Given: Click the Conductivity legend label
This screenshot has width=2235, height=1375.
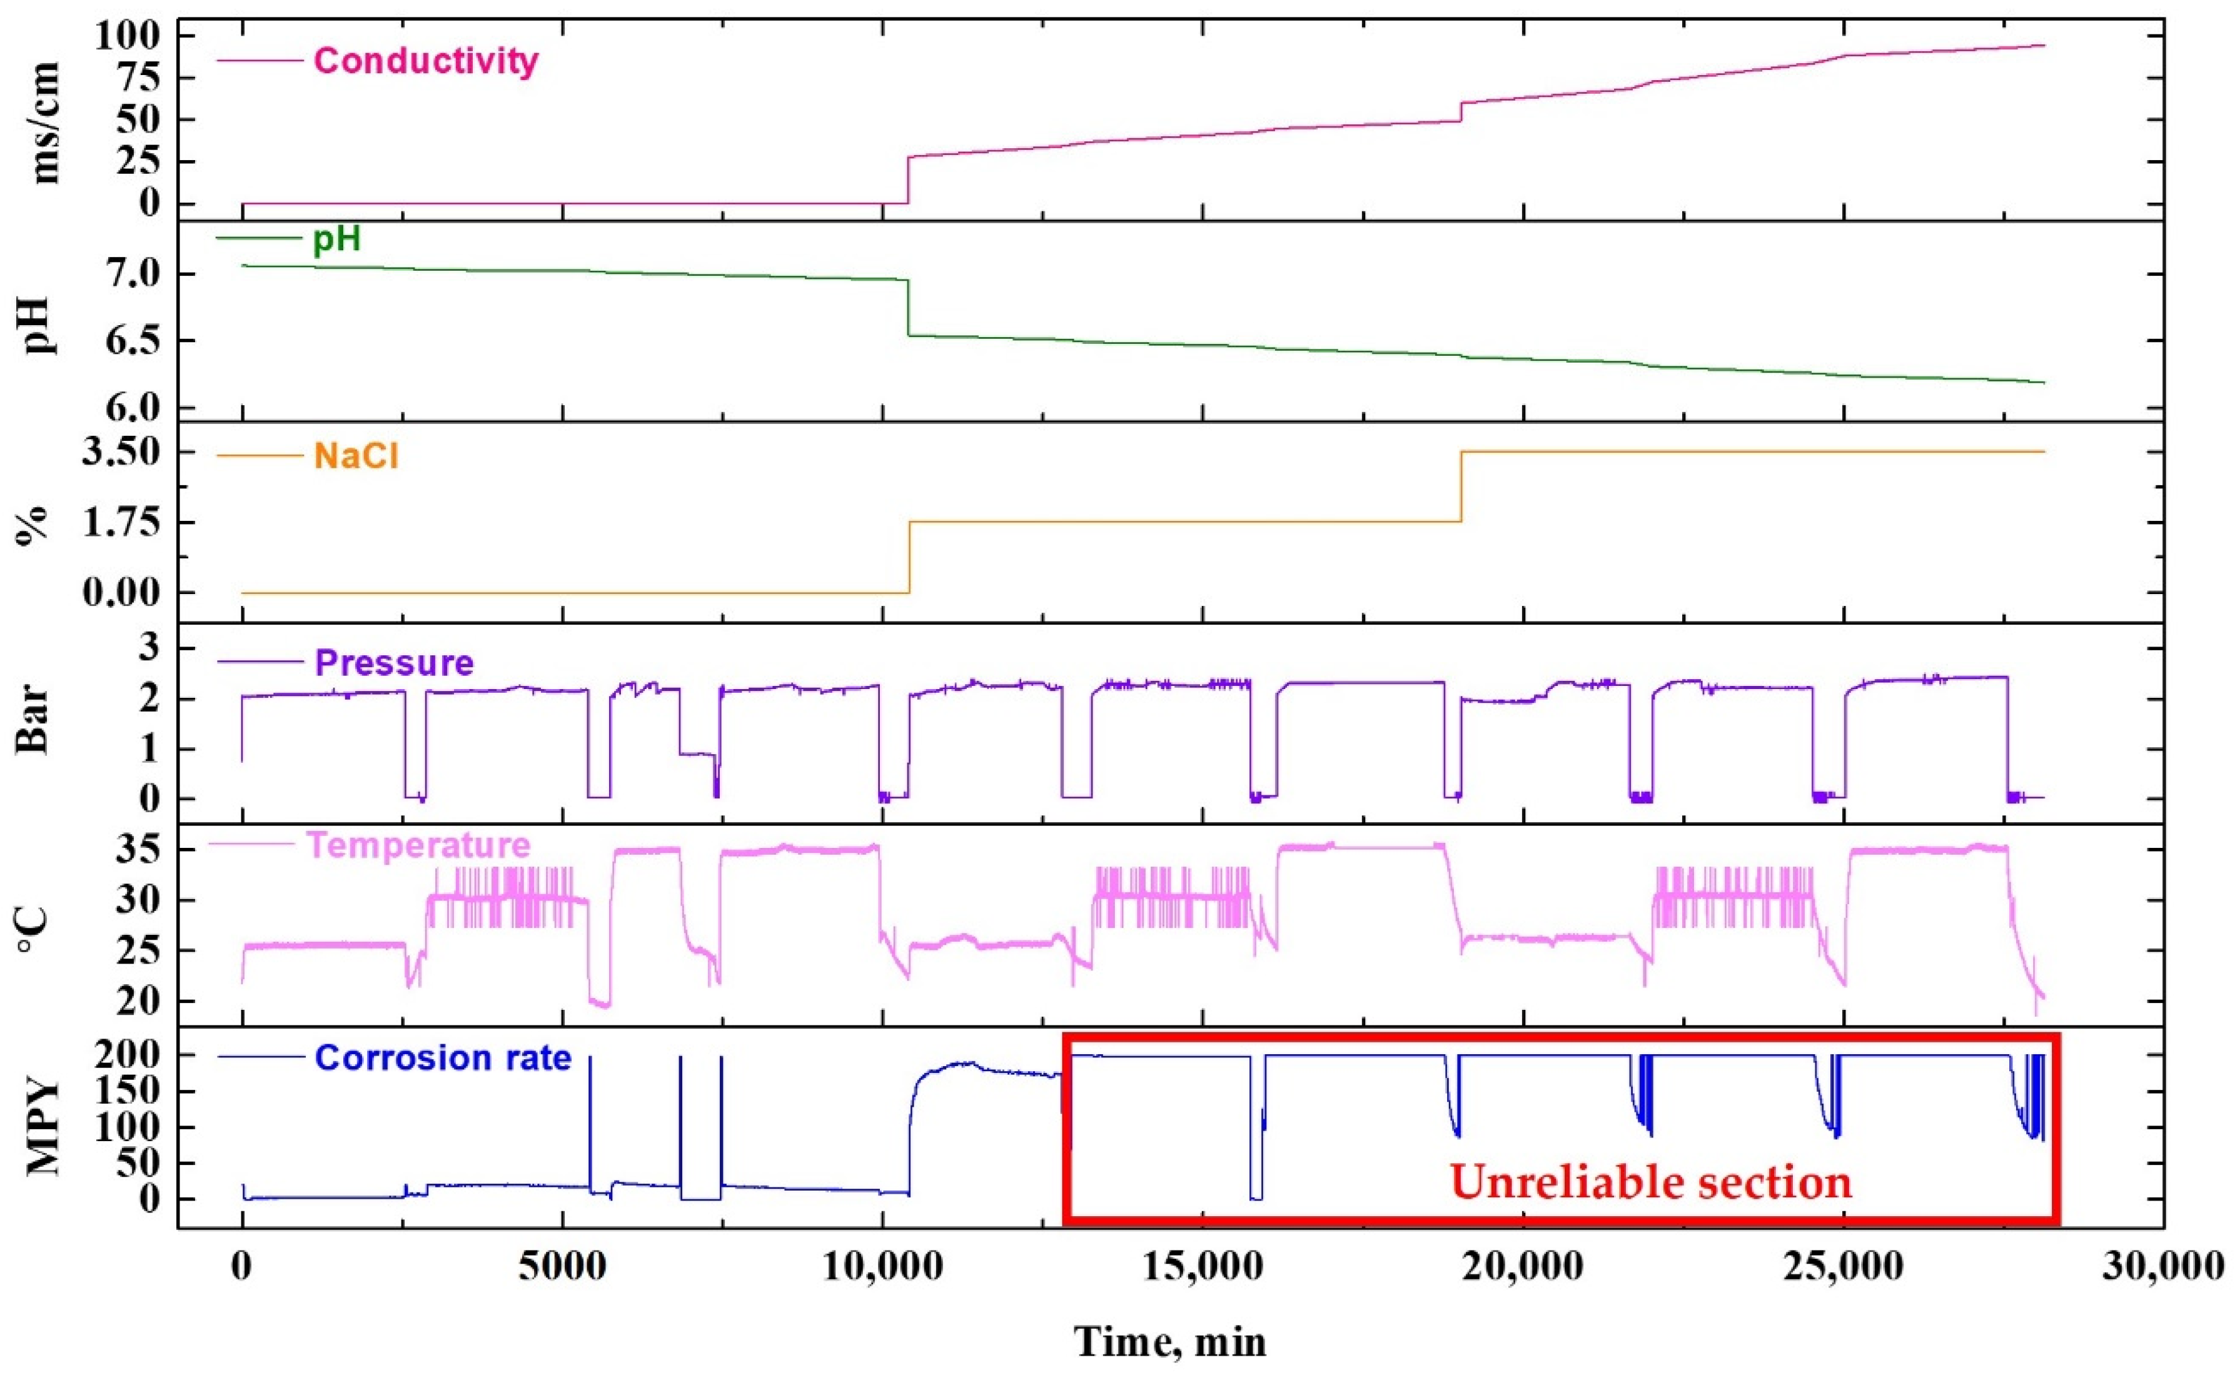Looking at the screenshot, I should pyautogui.click(x=425, y=61).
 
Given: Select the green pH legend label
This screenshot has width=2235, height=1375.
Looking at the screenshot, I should pyautogui.click(x=336, y=238).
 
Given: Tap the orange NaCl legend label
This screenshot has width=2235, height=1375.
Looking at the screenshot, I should pyautogui.click(x=356, y=455).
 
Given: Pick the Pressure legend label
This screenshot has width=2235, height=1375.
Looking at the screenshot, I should pyautogui.click(x=394, y=662).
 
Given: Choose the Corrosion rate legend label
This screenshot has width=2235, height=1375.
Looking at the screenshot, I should pyautogui.click(x=443, y=1057).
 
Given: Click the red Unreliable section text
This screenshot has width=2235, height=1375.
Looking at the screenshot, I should pyautogui.click(x=1650, y=1182).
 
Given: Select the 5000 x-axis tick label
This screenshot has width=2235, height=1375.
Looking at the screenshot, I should pyautogui.click(x=563, y=1267).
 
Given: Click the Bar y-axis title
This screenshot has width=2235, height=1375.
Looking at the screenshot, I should pyautogui.click(x=34, y=722).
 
